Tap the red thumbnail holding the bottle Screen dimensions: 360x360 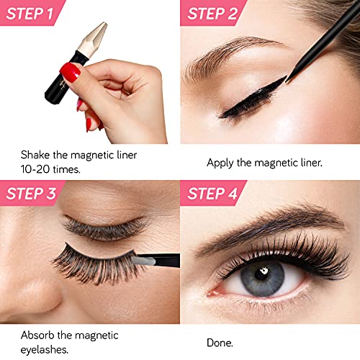(70, 72)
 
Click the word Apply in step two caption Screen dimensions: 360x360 (220, 163)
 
